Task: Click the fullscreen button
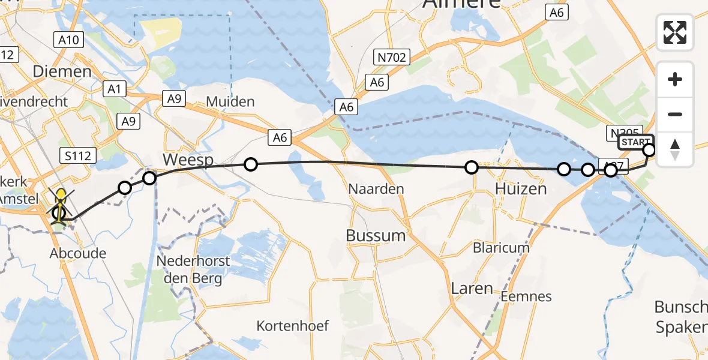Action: coord(675,32)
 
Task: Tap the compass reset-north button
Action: coord(675,149)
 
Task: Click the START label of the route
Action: coord(635,142)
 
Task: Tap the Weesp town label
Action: coord(187,160)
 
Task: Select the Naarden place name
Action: coord(376,189)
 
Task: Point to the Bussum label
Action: coord(376,235)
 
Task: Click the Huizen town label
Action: coord(521,189)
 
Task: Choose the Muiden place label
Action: coord(230,101)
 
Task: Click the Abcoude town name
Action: coord(77,253)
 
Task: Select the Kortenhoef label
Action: coord(293,326)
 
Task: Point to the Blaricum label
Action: coord(501,247)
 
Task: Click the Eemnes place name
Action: coord(526,296)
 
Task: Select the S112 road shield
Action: coord(78,156)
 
